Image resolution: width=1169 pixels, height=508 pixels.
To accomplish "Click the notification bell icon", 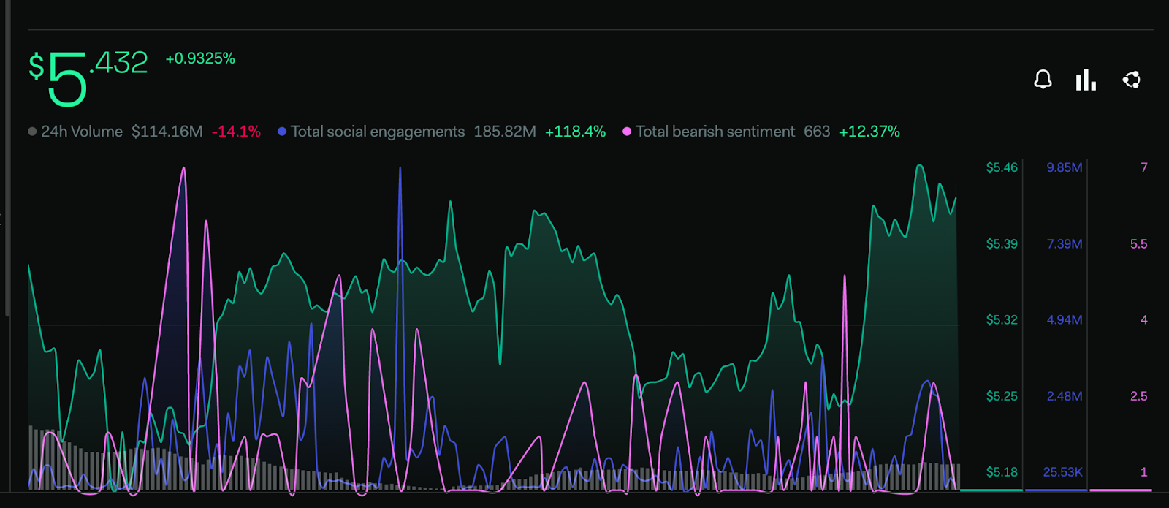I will coord(1043,80).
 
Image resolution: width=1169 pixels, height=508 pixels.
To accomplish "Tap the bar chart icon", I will coord(1086,80).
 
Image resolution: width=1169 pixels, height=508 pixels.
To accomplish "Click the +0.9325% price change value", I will coord(200,58).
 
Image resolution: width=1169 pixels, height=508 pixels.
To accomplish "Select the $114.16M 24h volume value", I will coord(167,132).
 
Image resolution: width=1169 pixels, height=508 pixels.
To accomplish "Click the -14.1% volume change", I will coord(236,132).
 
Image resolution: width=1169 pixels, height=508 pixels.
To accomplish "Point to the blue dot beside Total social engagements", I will coord(282,132).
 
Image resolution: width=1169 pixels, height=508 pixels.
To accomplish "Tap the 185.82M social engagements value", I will coord(505,132).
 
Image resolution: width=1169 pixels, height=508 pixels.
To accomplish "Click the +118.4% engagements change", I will coord(575,132).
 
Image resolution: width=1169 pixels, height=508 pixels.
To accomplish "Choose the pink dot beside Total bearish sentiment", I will coord(627,132).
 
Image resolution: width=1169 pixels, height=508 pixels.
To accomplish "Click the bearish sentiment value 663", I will coord(817,132).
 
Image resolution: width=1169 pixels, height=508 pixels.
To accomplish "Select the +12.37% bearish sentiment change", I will coord(869,132).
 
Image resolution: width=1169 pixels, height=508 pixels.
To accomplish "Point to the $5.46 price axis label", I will coord(1002,167).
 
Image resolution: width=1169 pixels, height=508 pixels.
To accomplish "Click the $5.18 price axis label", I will coord(1002,472).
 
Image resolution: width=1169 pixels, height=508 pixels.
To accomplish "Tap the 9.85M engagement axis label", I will coord(1065,167).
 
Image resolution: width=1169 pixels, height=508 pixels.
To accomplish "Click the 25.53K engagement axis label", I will coord(1063,472).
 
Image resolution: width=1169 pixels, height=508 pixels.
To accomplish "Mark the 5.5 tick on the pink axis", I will coord(1138,244).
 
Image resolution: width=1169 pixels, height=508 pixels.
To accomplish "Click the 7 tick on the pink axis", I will coord(1144,167).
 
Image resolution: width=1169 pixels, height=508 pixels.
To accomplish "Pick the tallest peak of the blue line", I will coord(400,169).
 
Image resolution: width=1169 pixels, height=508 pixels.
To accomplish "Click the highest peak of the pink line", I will coord(183,169).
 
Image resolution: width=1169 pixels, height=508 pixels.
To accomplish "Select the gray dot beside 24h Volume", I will coord(32,132).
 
